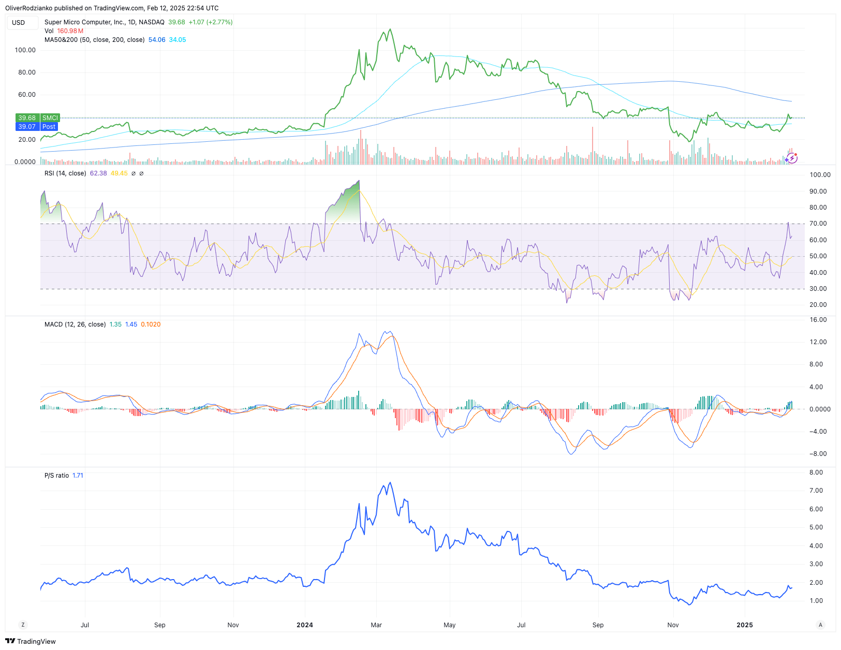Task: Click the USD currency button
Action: pos(19,22)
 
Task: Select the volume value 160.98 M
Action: pos(70,31)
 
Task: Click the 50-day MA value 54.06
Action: pos(157,40)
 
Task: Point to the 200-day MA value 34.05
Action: pos(178,40)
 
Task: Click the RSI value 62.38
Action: pos(98,173)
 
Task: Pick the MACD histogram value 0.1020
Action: pos(151,324)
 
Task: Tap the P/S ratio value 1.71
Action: pos(78,476)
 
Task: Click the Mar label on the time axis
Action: pos(376,625)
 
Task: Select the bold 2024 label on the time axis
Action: pos(305,625)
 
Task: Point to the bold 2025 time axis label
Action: pos(745,625)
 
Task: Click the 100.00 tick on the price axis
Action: pos(25,50)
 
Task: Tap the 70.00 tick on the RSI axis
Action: pos(818,224)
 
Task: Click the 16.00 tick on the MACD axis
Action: pos(818,320)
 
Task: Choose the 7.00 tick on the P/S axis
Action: pos(816,491)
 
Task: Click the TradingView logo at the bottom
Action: pos(31,641)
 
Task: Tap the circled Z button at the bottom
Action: pos(23,625)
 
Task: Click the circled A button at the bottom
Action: pos(820,625)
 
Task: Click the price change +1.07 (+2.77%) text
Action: pos(211,22)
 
